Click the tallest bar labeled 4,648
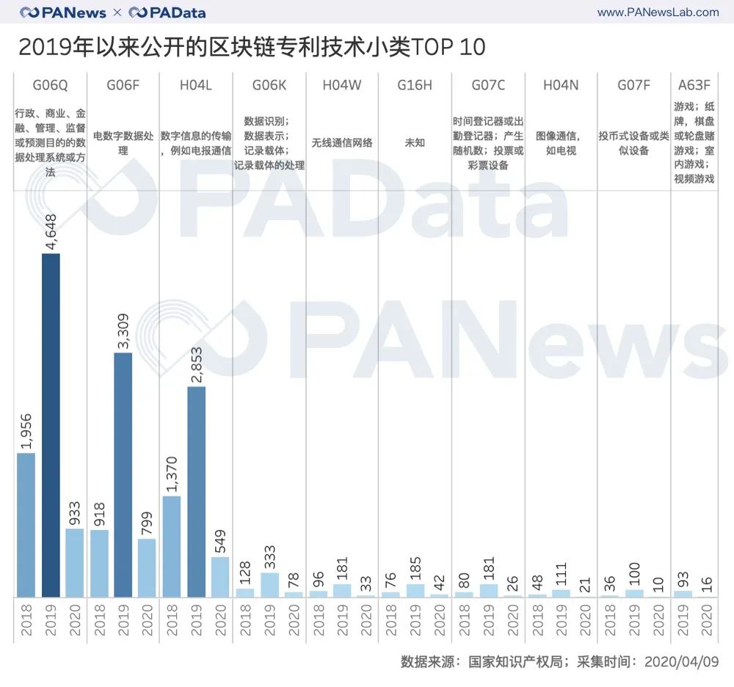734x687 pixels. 51,425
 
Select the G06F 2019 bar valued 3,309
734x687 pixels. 123,474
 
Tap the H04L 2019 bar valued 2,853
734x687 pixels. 196,491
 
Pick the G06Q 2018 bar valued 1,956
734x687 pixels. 26,524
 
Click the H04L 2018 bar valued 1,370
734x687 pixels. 172,546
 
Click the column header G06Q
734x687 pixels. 50,85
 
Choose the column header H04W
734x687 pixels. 341,85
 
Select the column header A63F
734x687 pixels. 694,85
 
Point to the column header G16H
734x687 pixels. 415,85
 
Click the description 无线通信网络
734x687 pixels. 341,142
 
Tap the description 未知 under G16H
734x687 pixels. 415,142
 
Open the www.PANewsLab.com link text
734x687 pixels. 658,12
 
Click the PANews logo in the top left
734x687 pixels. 63,12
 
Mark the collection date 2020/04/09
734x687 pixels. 681,661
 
